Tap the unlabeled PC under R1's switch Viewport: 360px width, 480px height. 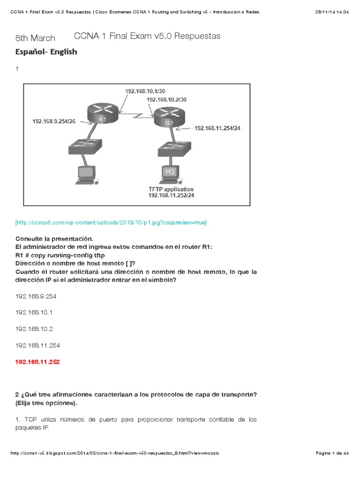pos(87,175)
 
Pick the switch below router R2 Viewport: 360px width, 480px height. pos(174,149)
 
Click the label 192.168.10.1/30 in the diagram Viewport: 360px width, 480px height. pos(145,91)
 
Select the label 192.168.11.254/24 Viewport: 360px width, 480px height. pos(217,127)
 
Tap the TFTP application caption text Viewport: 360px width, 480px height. pos(171,189)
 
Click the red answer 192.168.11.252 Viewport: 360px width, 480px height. pos(37,362)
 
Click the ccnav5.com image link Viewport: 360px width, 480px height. pos(111,222)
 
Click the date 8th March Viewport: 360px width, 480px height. pos(35,38)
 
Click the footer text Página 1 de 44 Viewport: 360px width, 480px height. pos(332,453)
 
